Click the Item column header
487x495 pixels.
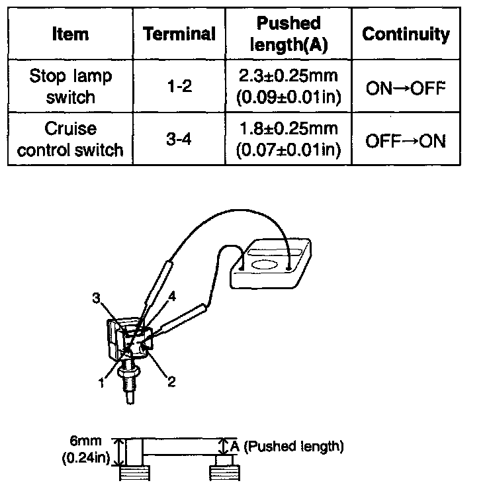point(71,34)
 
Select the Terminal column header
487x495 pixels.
point(180,34)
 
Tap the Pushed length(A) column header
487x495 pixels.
point(288,34)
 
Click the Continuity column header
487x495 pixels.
point(406,34)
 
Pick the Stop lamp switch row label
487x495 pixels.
point(71,87)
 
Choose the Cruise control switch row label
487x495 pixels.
point(71,139)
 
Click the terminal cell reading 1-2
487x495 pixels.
point(180,87)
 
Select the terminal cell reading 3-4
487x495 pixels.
point(180,139)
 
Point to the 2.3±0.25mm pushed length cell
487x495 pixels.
point(288,87)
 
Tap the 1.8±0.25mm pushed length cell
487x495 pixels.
point(288,139)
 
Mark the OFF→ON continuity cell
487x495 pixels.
point(406,140)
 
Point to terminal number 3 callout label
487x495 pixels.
point(97,300)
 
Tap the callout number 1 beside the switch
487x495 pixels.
point(101,382)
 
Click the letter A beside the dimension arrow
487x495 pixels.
point(236,447)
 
